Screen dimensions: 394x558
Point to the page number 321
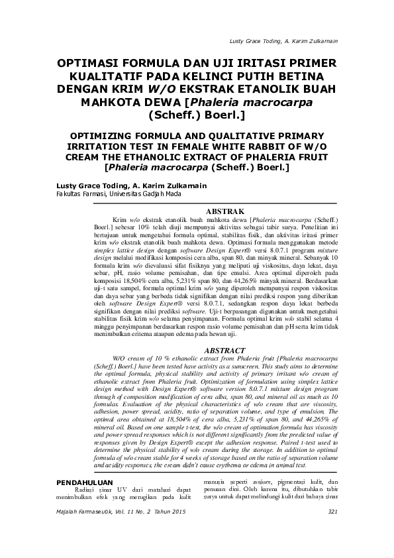coord(332,512)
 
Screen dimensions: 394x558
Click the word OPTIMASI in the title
coord(94,63)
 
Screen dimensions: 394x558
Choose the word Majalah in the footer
coord(69,512)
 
